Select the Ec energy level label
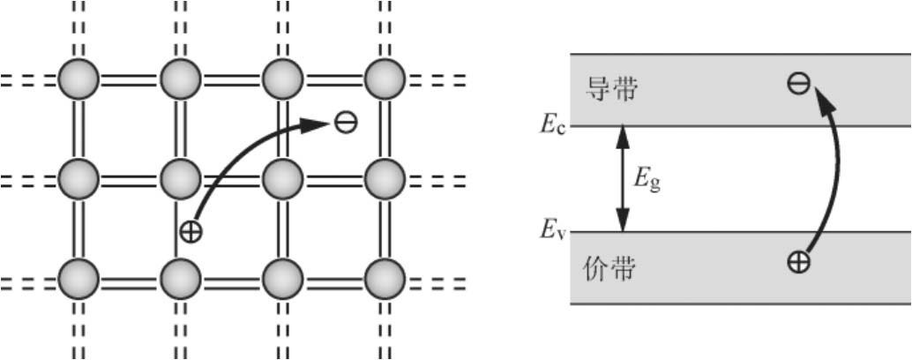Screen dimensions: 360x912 pyautogui.click(x=553, y=125)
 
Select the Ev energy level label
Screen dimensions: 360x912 pyautogui.click(x=553, y=232)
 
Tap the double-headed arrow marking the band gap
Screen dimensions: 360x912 pyautogui.click(x=624, y=178)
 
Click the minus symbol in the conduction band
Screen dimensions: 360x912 pyautogui.click(x=799, y=84)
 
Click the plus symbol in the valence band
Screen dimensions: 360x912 pyautogui.click(x=799, y=262)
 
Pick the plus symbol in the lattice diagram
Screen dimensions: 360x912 pyautogui.click(x=190, y=232)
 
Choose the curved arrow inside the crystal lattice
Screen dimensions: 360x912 pyautogui.click(x=247, y=154)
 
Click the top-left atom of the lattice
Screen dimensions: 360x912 pyautogui.click(x=78, y=80)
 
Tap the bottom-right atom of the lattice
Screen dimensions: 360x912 pyautogui.click(x=385, y=279)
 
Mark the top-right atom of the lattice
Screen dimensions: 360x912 pyautogui.click(x=385, y=80)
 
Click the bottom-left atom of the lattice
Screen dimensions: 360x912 pyautogui.click(x=78, y=279)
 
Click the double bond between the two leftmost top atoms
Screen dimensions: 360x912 pyautogui.click(x=130, y=80)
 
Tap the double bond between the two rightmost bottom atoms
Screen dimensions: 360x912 pyautogui.click(x=333, y=279)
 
